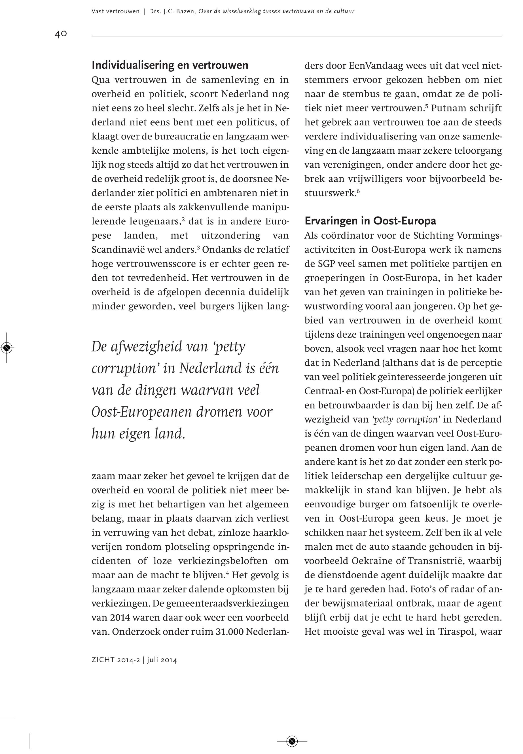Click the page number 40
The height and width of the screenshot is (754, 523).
point(61,34)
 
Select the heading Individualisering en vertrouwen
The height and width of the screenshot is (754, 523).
point(170,65)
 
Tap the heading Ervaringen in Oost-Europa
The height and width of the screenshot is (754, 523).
point(370,221)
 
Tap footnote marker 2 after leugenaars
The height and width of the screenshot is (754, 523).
point(183,219)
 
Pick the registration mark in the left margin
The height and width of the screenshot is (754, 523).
point(7,347)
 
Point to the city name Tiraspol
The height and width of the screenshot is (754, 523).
point(457,632)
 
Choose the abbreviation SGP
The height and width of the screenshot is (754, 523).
point(325,264)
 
